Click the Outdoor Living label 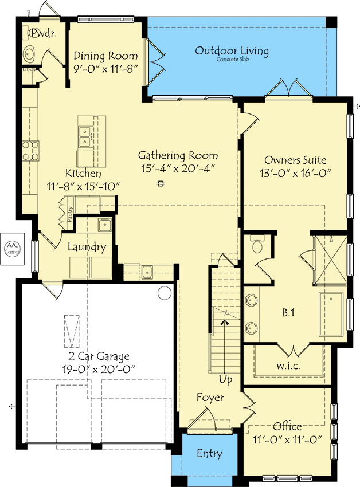pyautogui.click(x=232, y=51)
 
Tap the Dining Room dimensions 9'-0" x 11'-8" pyautogui.click(x=106, y=68)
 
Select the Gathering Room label pyautogui.click(x=178, y=155)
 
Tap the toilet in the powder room pyautogui.click(x=29, y=54)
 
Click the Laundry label pyautogui.click(x=87, y=248)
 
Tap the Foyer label pyautogui.click(x=210, y=398)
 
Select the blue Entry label pyautogui.click(x=209, y=454)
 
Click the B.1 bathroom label pyautogui.click(x=288, y=313)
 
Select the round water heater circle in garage pyautogui.click(x=165, y=293)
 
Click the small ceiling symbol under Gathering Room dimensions pyautogui.click(x=161, y=184)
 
